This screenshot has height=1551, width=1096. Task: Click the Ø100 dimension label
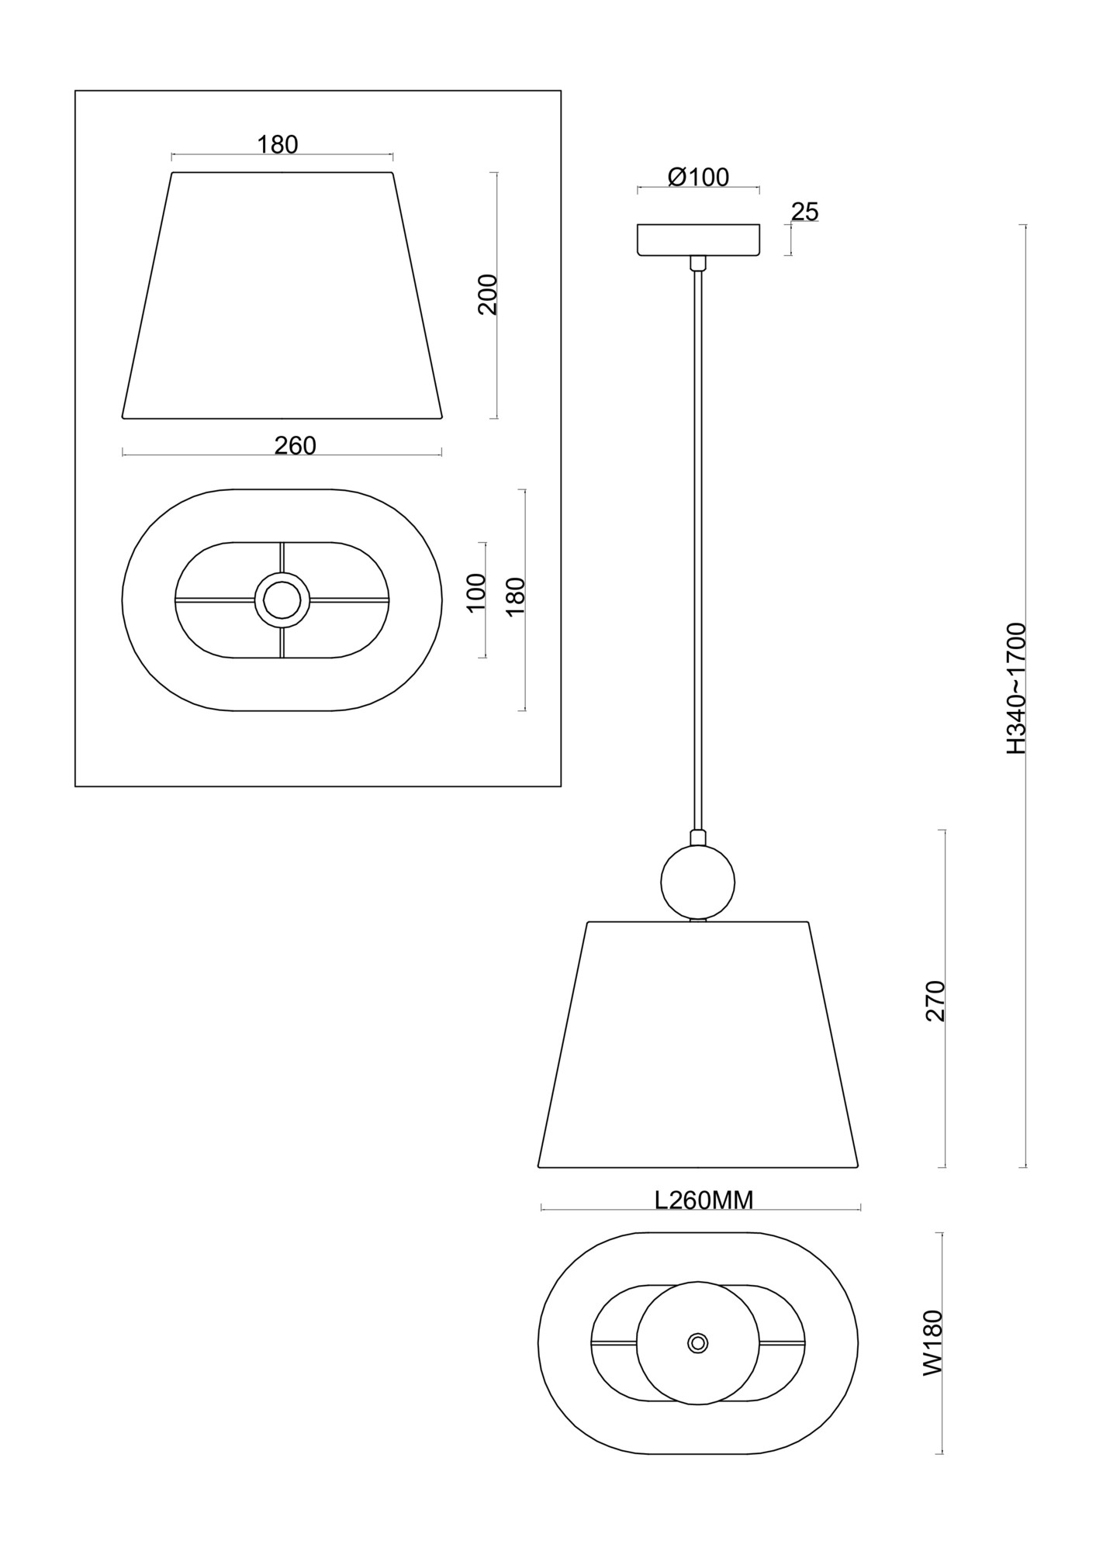coord(698,178)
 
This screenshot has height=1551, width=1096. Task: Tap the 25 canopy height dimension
coord(805,212)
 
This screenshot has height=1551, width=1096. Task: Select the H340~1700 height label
coord(1016,688)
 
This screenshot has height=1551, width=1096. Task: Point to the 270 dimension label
coord(936,1001)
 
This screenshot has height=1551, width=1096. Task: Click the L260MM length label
coord(704,1200)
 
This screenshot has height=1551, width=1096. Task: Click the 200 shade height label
coord(488,294)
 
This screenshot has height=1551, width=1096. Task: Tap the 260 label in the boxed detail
coord(296,445)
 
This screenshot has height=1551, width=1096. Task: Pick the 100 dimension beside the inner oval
coord(476,592)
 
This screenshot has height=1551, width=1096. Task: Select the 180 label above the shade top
coord(278,144)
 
